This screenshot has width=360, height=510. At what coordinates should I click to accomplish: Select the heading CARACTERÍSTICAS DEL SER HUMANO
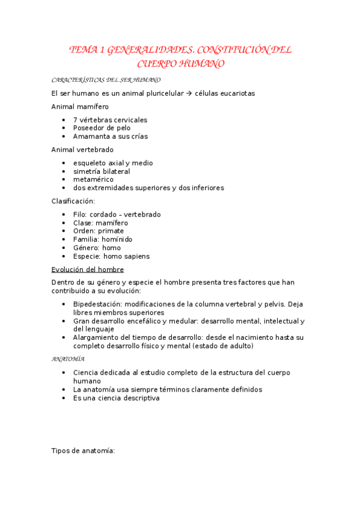[106, 79]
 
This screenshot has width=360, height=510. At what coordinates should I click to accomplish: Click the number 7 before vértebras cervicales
[75, 120]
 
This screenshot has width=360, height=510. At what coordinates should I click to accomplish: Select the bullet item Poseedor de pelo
[102, 127]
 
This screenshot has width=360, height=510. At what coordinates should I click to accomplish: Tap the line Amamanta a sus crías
[110, 136]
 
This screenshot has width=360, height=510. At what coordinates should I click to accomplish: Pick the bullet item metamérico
[93, 179]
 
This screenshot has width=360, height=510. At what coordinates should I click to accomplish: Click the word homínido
[117, 239]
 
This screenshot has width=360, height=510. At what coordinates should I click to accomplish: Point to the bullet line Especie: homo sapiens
[111, 256]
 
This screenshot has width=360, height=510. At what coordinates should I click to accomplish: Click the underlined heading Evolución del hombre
[88, 269]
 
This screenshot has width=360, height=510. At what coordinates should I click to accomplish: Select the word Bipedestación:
[98, 304]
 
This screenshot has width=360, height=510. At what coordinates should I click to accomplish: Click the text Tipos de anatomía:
[83, 450]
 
